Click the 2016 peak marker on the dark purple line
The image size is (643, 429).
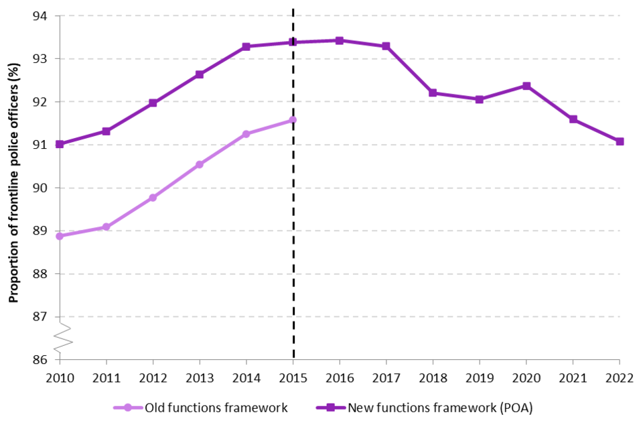pos(340,41)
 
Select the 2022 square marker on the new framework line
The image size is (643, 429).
pos(620,141)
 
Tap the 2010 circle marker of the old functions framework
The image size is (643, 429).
pos(60,236)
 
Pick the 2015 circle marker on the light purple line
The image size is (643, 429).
pos(293,120)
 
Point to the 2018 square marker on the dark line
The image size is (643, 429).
pos(433,93)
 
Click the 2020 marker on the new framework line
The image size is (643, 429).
pos(526,86)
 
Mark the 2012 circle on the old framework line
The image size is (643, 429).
pos(153,198)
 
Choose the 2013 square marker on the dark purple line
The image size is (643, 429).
pos(200,74)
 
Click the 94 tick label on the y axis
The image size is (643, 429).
pos(42,16)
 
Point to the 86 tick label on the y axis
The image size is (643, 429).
pos(42,360)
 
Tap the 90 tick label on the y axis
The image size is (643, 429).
pos(42,188)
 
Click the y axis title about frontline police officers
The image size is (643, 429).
pos(13,187)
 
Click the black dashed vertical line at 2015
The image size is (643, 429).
pos(293,268)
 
